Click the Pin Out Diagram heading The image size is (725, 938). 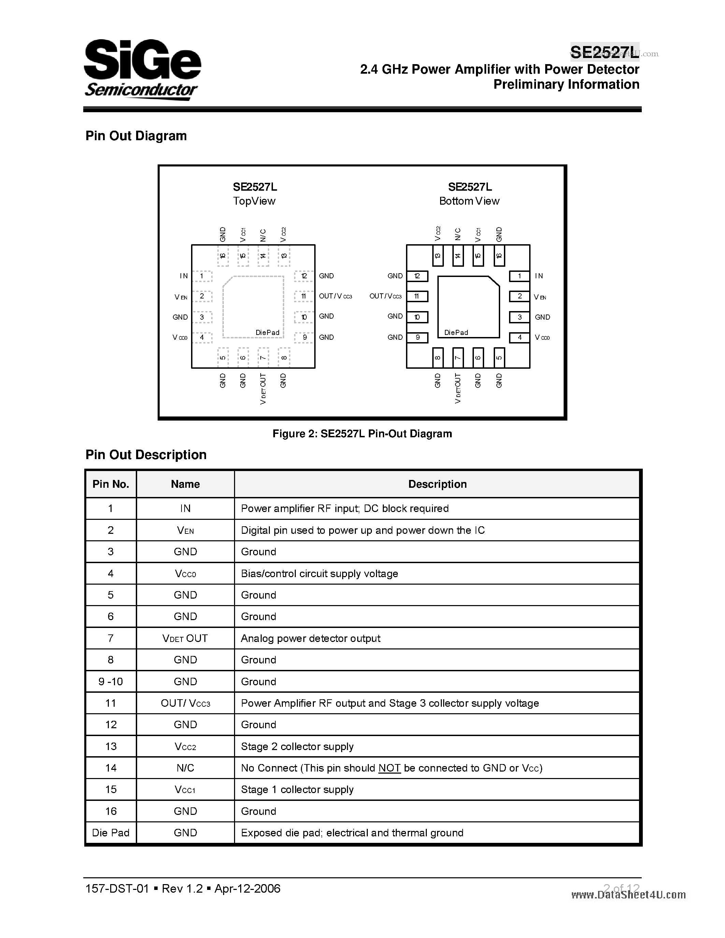pyautogui.click(x=136, y=136)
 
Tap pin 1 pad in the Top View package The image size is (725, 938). pyautogui.click(x=202, y=276)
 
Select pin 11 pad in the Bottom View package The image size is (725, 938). pyautogui.click(x=417, y=296)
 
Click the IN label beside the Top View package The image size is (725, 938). pyautogui.click(x=184, y=276)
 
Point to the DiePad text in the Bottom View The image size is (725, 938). pyautogui.click(x=456, y=333)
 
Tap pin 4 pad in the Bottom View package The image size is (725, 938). pyautogui.click(x=519, y=338)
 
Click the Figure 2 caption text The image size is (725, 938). pyautogui.click(x=362, y=434)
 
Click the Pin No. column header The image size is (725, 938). pyautogui.click(x=111, y=484)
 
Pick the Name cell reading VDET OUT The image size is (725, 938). pyautogui.click(x=185, y=639)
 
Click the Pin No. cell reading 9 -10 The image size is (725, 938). pyautogui.click(x=111, y=681)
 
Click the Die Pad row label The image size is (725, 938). pyautogui.click(x=111, y=833)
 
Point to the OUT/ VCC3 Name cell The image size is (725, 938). pyautogui.click(x=185, y=703)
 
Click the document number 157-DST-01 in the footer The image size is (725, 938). pyautogui.click(x=117, y=889)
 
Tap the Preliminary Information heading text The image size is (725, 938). pyautogui.click(x=566, y=85)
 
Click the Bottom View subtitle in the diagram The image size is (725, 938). pyautogui.click(x=469, y=201)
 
